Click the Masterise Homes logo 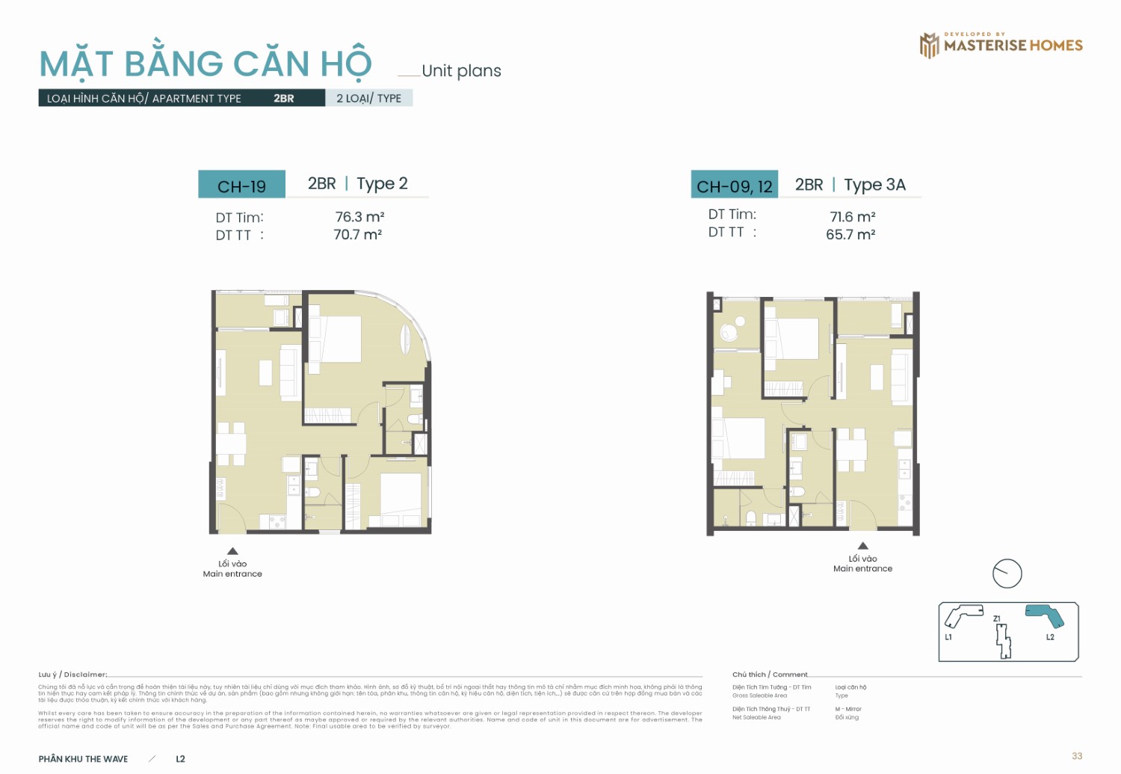click(1001, 45)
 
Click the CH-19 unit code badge click(241, 185)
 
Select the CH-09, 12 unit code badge click(734, 185)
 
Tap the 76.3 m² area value click(359, 217)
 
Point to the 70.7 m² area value click(357, 235)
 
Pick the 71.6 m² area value click(852, 217)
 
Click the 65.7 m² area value click(850, 235)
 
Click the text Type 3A click(874, 185)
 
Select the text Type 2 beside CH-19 click(382, 183)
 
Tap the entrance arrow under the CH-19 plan click(232, 551)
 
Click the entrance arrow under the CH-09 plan click(862, 546)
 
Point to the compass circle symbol click(1007, 574)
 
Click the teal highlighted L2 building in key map click(1045, 615)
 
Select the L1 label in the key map click(948, 637)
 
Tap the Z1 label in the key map click(997, 618)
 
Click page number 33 click(1076, 756)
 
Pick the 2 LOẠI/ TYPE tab click(368, 98)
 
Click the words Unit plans click(461, 71)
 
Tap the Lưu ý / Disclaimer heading click(72, 675)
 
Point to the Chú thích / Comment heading click(770, 675)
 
